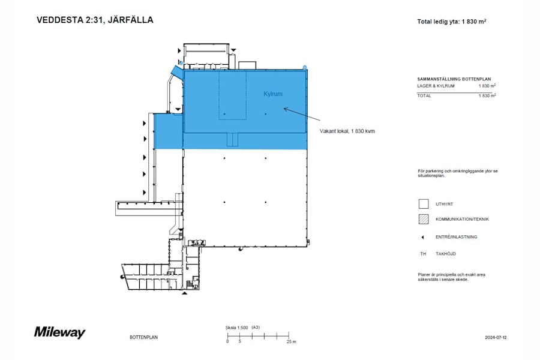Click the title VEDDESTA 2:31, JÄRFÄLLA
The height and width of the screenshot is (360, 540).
click(95, 20)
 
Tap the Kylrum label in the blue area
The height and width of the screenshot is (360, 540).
click(272, 94)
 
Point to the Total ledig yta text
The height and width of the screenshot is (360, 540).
click(451, 22)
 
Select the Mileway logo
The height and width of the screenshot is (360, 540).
click(59, 332)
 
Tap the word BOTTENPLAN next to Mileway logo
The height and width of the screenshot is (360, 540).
click(143, 338)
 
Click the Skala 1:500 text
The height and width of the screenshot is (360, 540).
click(236, 328)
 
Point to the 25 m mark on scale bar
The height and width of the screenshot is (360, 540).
click(290, 341)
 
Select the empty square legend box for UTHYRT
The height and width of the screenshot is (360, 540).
click(423, 204)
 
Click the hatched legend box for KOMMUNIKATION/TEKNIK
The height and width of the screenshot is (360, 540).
click(423, 219)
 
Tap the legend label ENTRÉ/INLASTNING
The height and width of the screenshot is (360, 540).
click(457, 237)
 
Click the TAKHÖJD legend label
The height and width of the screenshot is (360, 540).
click(446, 254)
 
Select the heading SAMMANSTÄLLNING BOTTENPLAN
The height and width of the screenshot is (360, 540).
click(458, 79)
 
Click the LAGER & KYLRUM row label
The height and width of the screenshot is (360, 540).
click(436, 86)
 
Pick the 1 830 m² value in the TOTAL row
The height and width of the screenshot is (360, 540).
click(487, 95)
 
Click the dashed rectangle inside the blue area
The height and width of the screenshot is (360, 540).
click(232, 95)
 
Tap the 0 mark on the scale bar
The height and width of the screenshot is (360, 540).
click(227, 341)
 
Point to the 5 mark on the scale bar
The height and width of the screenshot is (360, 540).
click(239, 341)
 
